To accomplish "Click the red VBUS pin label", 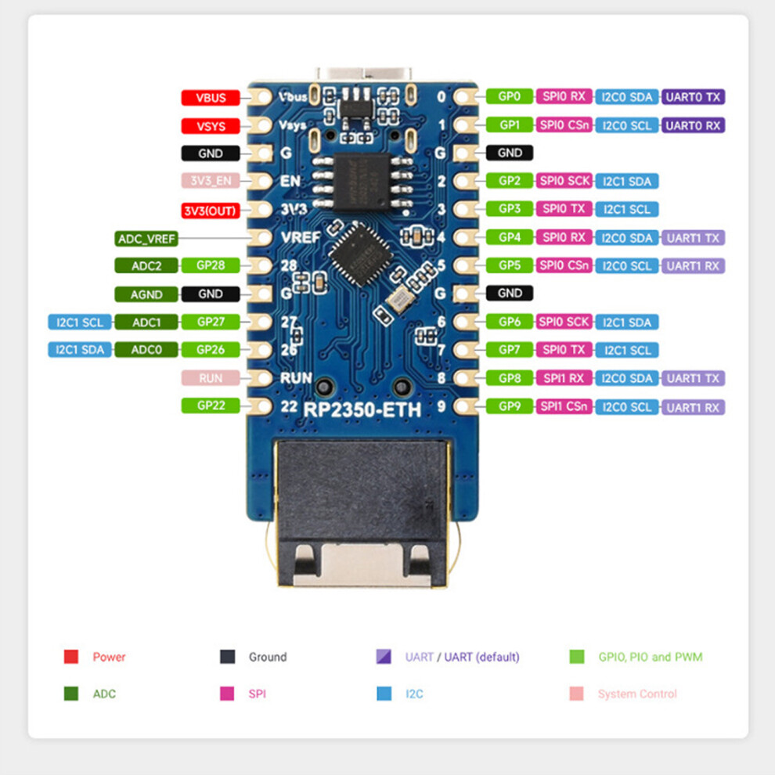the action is [211, 97].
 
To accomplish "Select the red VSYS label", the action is [211, 126].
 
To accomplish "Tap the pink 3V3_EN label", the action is [211, 180].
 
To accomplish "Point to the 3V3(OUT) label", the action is [211, 211].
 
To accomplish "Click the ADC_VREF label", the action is [146, 239].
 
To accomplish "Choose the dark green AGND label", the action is [146, 294].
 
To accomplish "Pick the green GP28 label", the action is [211, 265].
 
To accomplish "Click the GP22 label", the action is [211, 406].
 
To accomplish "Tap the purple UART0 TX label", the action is [693, 97].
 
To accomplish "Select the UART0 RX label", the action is [693, 125].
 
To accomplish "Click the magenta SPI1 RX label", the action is [564, 379].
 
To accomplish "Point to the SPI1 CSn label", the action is [564, 406].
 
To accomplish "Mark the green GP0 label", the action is [510, 96].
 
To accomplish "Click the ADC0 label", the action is [146, 349].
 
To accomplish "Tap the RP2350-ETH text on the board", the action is [362, 409].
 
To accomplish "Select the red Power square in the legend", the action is [71, 657].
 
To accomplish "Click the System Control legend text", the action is [637, 694].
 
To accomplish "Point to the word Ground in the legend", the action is [268, 657].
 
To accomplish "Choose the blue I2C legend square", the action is [384, 694].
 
